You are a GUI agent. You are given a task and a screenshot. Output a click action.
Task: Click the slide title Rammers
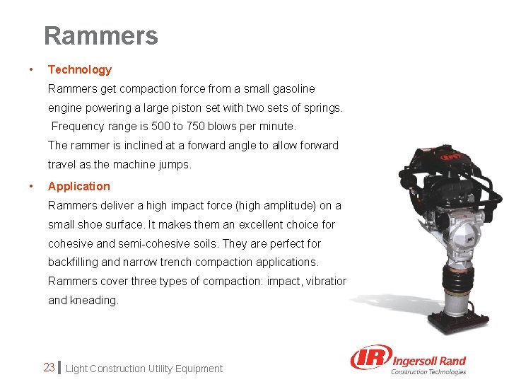100,35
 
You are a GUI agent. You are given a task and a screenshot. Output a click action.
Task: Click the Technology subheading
79,69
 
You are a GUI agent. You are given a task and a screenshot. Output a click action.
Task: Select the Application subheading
78,186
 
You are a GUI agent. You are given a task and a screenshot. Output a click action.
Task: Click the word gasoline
291,89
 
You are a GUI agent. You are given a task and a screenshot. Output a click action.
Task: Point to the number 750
197,127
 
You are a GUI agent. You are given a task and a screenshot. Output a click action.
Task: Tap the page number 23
49,368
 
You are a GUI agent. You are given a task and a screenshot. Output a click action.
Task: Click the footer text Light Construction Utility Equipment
144,369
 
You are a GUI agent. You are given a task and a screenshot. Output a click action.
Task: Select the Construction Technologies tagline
428,371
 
